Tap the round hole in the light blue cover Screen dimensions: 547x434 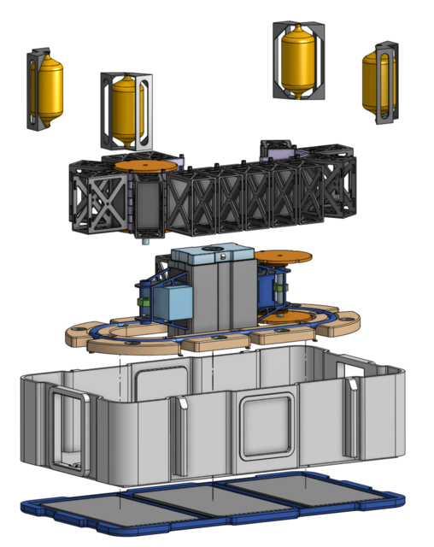[220, 253]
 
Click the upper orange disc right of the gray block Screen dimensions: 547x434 [283, 256]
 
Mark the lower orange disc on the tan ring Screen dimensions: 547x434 [285, 317]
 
